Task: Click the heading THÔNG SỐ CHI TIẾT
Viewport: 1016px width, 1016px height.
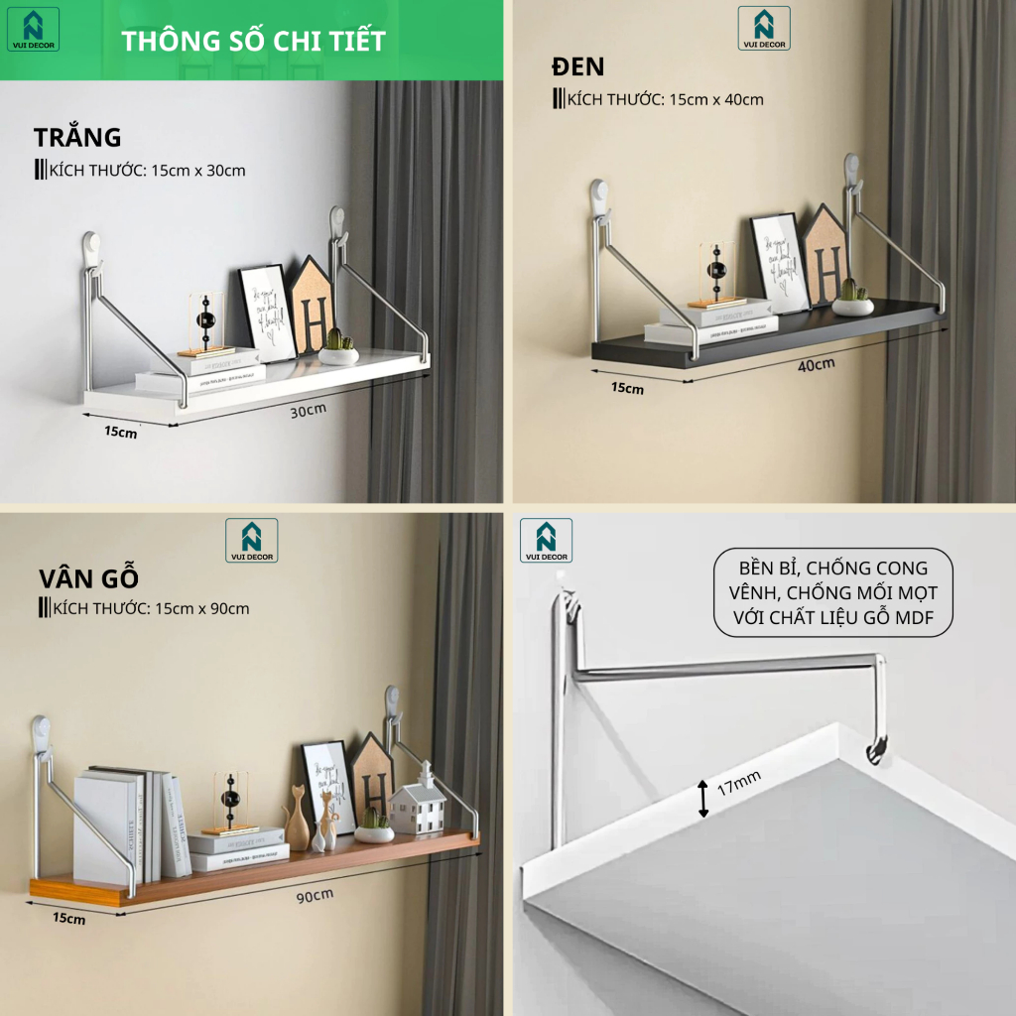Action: click(x=252, y=42)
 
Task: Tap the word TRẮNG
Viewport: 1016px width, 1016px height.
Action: click(x=77, y=137)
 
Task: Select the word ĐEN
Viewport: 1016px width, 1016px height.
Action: click(x=578, y=67)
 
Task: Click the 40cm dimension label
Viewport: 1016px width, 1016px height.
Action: click(x=817, y=364)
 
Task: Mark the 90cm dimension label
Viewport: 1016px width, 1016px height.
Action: click(x=314, y=895)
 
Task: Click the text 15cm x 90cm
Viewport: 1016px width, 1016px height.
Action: click(x=201, y=608)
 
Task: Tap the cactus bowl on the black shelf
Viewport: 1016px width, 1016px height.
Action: click(x=852, y=299)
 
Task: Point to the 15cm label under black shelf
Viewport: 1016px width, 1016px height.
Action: click(x=627, y=388)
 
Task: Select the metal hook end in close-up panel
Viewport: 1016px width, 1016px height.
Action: click(x=877, y=751)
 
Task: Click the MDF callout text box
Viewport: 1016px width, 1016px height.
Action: click(x=832, y=593)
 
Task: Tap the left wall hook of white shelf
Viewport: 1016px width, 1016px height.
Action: click(x=91, y=247)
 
